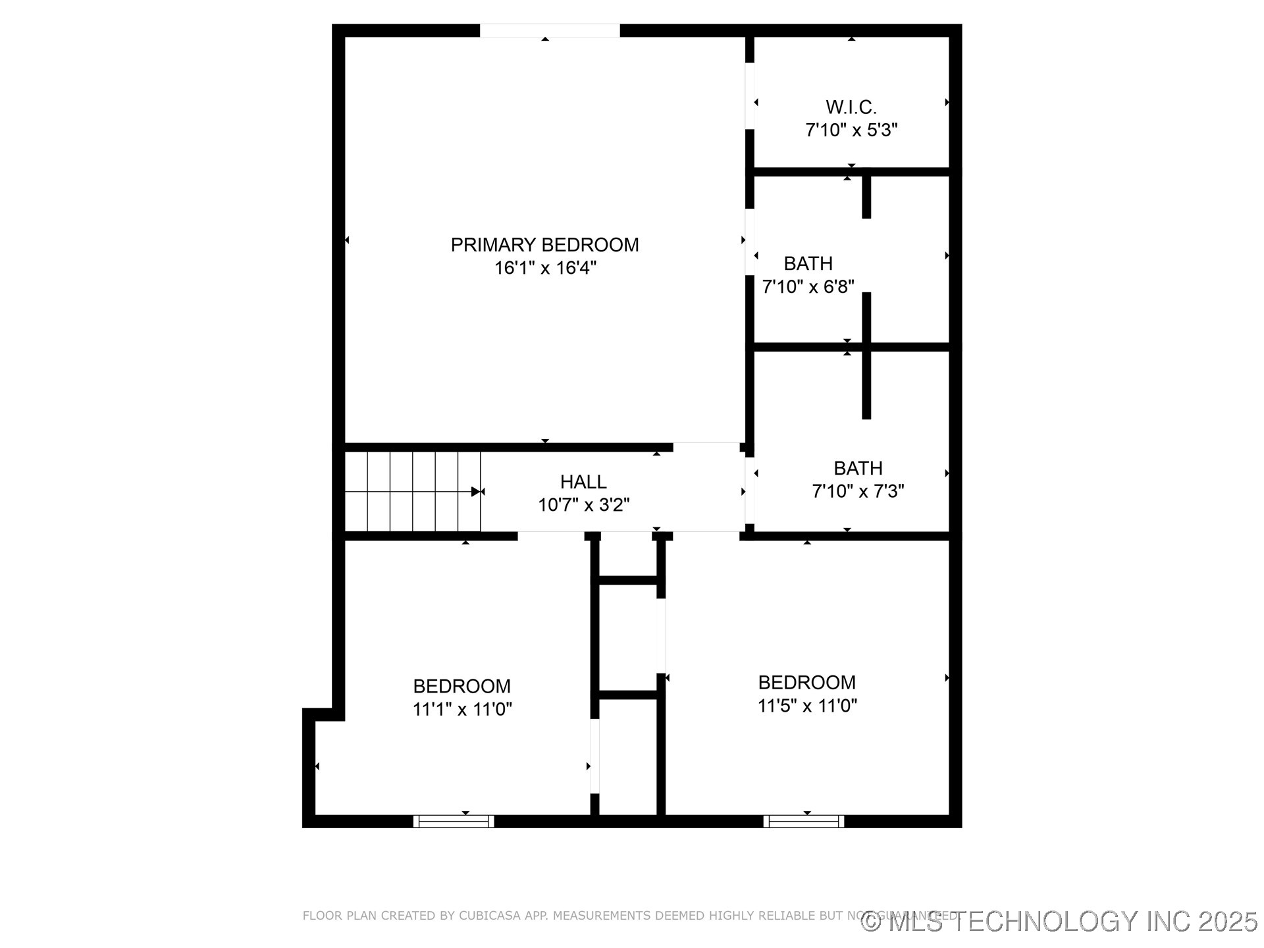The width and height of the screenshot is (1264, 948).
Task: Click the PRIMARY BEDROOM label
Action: (544, 245)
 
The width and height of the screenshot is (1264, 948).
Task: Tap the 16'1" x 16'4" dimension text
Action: (545, 268)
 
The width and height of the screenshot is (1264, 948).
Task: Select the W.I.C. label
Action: (851, 107)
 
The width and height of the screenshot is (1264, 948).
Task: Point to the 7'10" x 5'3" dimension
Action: (851, 130)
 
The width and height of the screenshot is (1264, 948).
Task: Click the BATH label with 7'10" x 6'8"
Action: (808, 263)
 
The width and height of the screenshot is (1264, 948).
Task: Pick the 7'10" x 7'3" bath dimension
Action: (858, 491)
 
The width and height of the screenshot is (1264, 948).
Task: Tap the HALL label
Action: (583, 482)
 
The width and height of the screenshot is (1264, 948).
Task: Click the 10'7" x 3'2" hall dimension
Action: (583, 505)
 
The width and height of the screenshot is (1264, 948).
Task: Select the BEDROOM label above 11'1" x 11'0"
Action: (461, 686)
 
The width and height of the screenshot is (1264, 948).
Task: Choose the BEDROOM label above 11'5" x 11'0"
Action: (806, 682)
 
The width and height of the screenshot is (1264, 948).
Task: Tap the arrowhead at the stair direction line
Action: (476, 492)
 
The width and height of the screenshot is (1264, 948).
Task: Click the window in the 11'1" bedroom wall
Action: (454, 821)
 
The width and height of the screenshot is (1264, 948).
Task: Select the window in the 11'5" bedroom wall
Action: (804, 821)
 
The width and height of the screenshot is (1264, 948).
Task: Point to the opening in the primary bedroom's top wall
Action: (550, 30)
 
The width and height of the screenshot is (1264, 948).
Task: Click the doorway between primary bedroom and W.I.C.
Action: (749, 96)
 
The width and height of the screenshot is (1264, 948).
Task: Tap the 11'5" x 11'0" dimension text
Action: (806, 706)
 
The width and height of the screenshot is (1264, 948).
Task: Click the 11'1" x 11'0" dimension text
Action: (461, 709)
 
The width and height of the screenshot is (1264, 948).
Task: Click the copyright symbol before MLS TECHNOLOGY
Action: (871, 922)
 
